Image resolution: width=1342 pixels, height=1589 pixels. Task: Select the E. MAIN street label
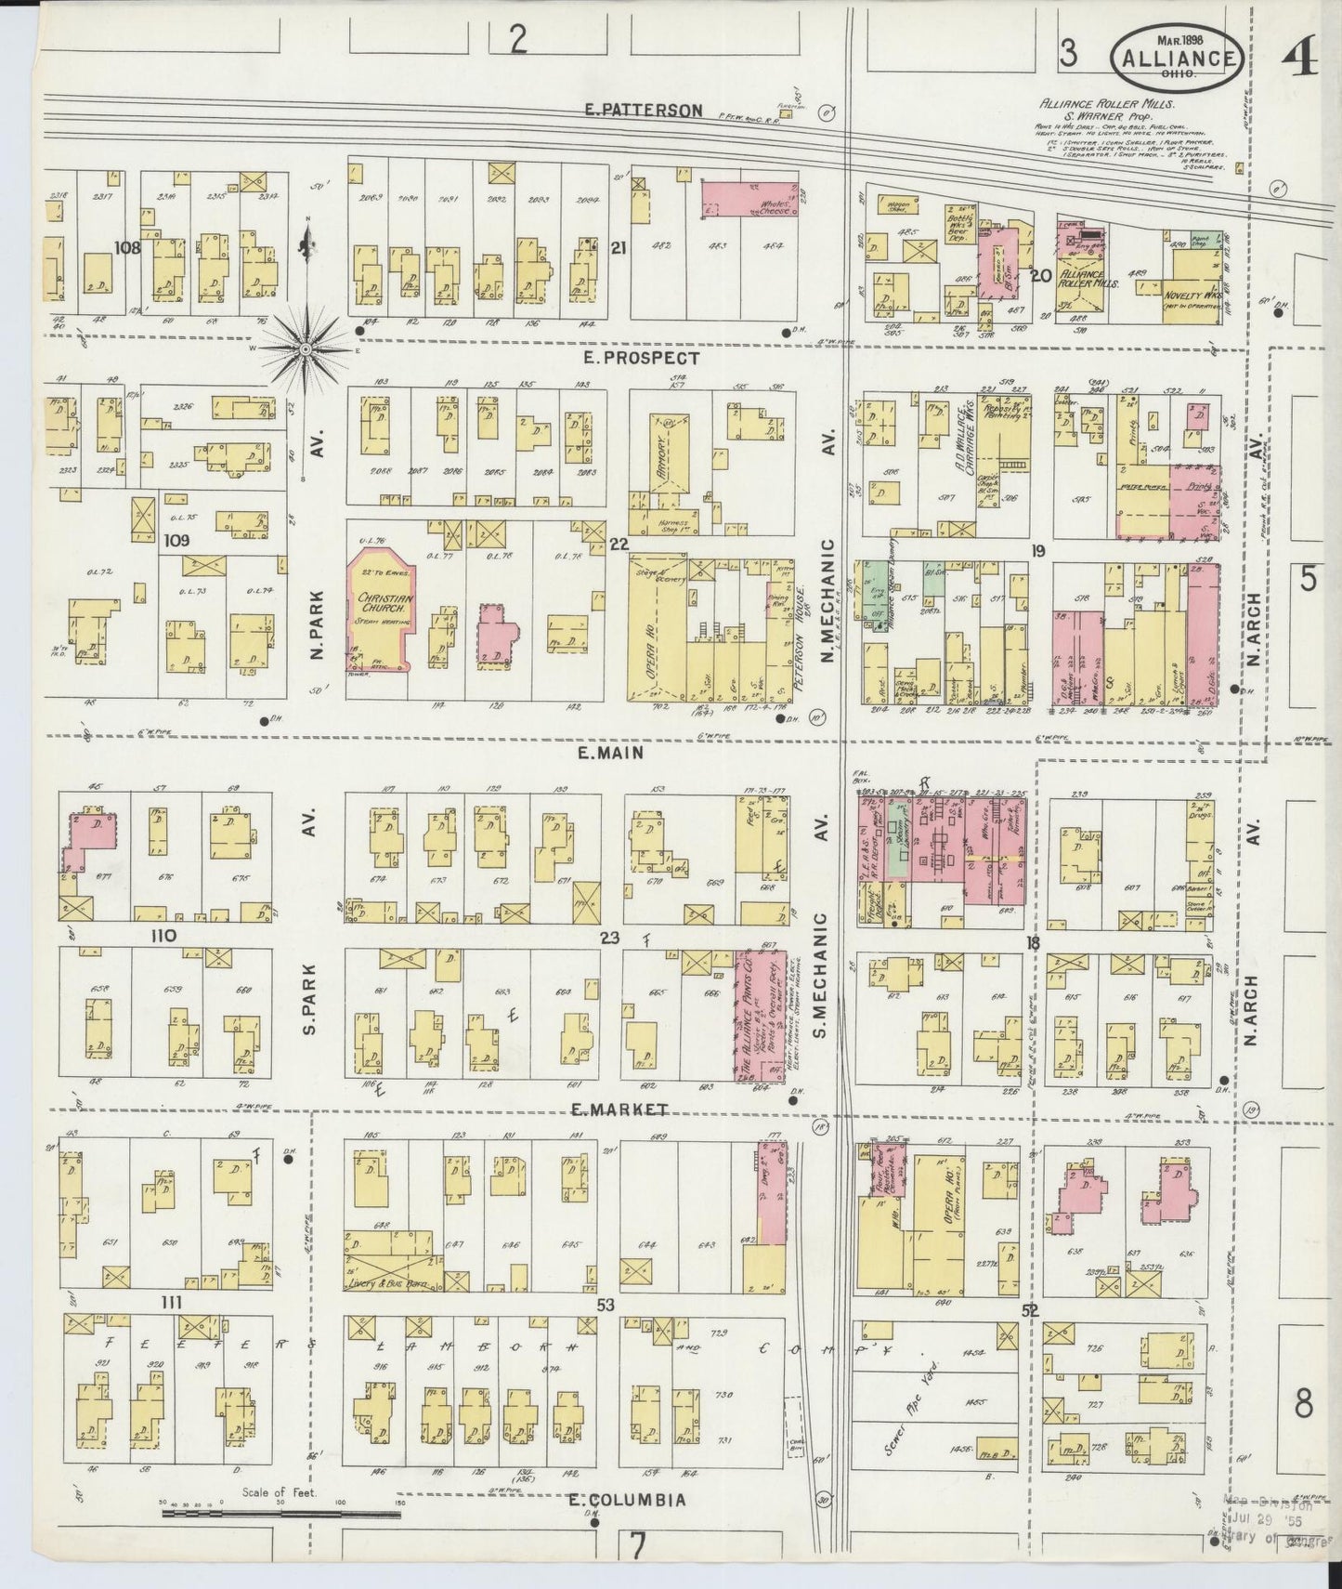point(609,754)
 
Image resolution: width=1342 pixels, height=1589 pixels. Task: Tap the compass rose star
point(305,348)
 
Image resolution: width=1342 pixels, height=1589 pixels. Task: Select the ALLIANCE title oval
point(1177,58)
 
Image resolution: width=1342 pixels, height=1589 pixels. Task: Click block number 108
point(126,248)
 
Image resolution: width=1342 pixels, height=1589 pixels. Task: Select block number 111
point(170,1304)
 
